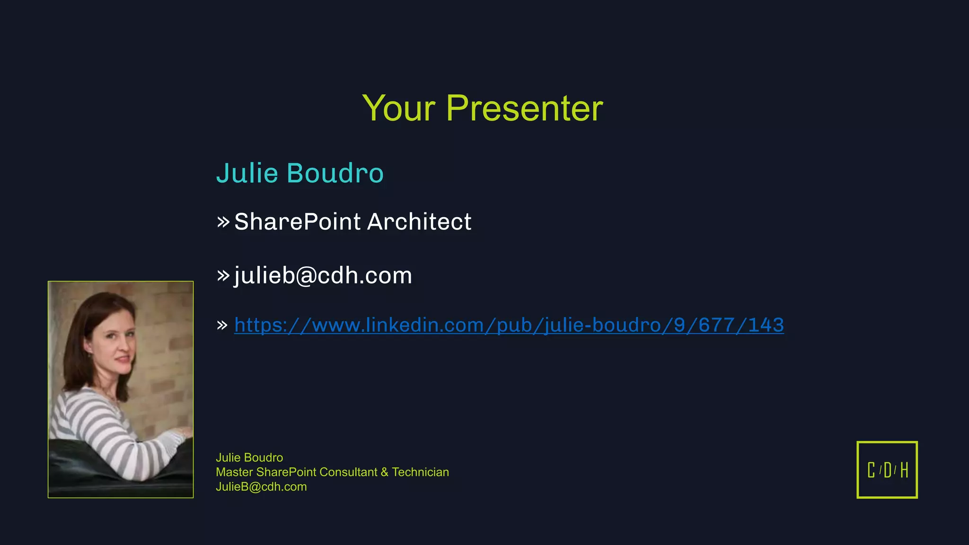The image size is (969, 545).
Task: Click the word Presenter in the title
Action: tap(524, 108)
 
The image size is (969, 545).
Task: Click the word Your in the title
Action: tap(398, 108)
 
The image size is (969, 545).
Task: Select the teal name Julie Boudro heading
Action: tap(300, 173)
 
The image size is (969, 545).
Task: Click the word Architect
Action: tap(419, 222)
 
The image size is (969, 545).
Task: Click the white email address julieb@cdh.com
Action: tap(323, 275)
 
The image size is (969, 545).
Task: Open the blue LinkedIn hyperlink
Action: tap(509, 325)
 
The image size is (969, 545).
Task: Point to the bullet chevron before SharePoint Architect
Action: tap(223, 221)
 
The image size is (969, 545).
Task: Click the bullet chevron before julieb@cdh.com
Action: tap(223, 275)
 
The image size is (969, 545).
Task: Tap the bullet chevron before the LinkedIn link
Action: tap(222, 325)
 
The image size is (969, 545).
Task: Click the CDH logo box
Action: tap(887, 469)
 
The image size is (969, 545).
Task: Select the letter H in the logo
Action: tap(904, 470)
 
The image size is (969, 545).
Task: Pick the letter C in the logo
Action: tap(871, 470)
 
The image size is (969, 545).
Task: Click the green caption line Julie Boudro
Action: tap(249, 457)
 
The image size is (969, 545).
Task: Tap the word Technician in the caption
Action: tap(420, 472)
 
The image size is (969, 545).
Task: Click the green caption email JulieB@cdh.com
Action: tap(261, 487)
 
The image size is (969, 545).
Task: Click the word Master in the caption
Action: tap(234, 472)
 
